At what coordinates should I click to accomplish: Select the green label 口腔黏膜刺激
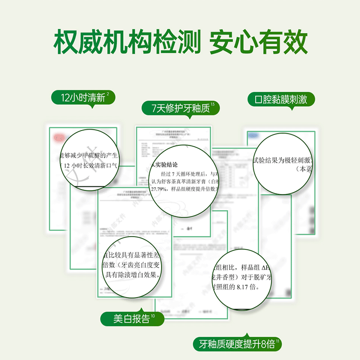pyautogui.click(x=280, y=99)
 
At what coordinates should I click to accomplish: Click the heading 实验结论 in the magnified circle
pyautogui.click(x=165, y=164)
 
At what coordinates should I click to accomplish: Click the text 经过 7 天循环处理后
pyautogui.click(x=180, y=173)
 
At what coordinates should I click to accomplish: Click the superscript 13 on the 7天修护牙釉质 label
pyautogui.click(x=212, y=105)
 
